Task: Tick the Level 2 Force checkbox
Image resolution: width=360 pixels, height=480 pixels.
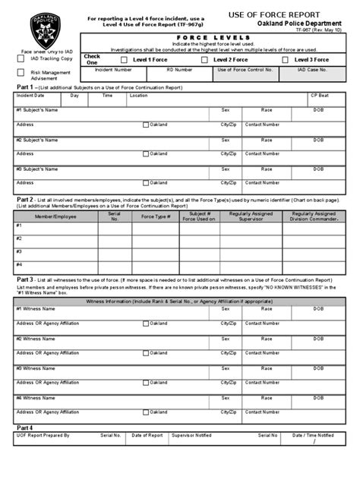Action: (204, 59)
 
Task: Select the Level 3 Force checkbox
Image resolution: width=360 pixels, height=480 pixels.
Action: (289, 59)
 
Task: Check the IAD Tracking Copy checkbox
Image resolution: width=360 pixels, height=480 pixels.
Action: (21, 58)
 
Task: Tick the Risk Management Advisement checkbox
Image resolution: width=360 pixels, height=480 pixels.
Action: (21, 73)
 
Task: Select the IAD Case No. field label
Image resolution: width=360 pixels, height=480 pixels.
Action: (312, 69)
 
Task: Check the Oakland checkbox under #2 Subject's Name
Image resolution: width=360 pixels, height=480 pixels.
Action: (147, 153)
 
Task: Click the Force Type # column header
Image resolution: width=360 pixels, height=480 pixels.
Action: (156, 216)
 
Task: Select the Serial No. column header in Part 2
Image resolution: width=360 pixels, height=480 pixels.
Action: (115, 216)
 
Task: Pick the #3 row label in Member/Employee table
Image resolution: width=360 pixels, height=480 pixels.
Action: (19, 251)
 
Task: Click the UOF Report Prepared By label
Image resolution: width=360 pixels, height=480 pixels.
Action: (43, 435)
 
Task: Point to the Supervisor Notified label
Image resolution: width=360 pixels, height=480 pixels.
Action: (191, 435)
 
